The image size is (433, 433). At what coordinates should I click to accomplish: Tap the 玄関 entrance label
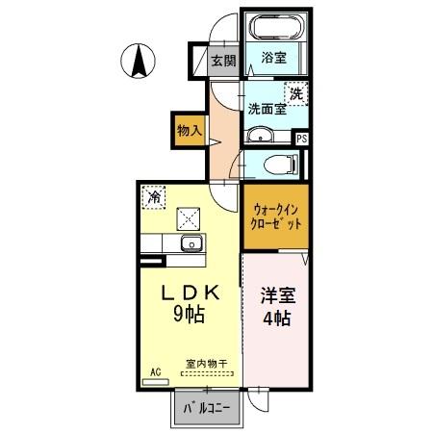pyautogui.click(x=222, y=61)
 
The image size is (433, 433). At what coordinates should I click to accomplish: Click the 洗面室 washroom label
pyautogui.click(x=266, y=109)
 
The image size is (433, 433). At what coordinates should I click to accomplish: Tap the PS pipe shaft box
pyautogui.click(x=302, y=139)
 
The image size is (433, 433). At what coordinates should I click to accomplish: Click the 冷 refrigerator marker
pyautogui.click(x=154, y=196)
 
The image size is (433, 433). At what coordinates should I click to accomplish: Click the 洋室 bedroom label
pyautogui.click(x=277, y=295)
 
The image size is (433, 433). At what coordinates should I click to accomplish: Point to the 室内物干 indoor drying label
pyautogui.click(x=206, y=365)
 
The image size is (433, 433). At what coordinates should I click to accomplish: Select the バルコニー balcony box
pyautogui.click(x=206, y=408)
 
